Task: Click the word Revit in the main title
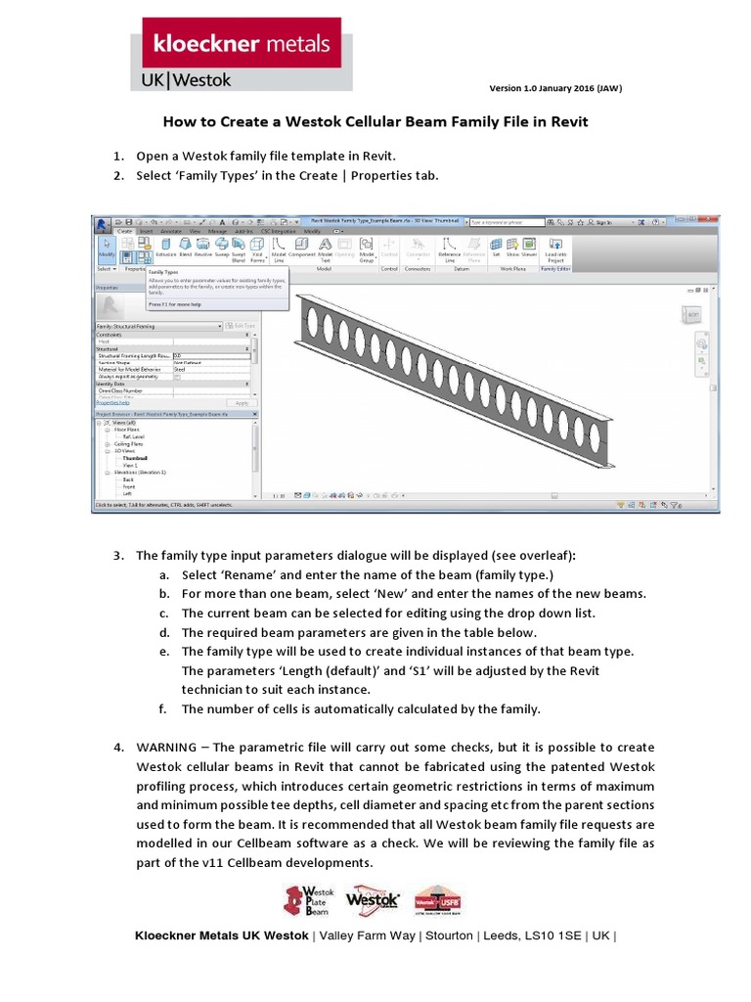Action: point(565,122)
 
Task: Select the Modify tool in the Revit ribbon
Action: point(105,249)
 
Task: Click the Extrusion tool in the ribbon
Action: point(165,249)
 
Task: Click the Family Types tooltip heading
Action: point(164,273)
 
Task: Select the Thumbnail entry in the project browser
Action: point(135,458)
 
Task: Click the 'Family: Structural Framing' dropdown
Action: point(156,326)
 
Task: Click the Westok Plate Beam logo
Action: point(308,899)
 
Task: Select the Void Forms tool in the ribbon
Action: point(257,250)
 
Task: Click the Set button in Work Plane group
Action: point(496,249)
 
